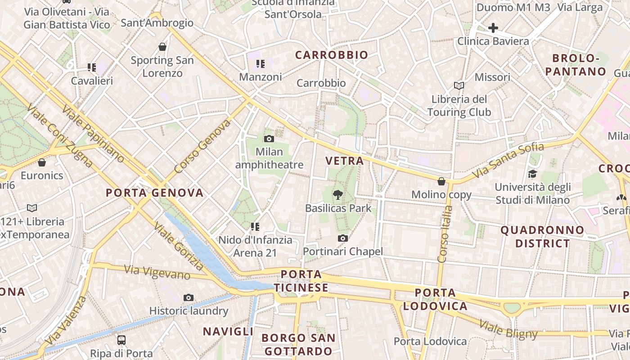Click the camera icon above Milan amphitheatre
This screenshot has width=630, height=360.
click(269, 139)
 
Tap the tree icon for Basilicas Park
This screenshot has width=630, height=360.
click(337, 195)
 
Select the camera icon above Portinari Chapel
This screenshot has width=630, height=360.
click(343, 238)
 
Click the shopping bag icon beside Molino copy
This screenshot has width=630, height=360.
click(441, 181)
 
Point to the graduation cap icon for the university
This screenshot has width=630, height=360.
click(532, 174)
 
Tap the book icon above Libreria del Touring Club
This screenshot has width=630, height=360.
click(459, 85)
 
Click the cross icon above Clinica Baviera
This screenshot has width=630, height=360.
click(493, 28)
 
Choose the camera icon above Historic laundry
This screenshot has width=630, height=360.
click(189, 297)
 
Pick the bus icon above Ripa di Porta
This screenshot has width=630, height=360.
click(121, 340)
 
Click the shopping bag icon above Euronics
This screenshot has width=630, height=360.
click(42, 162)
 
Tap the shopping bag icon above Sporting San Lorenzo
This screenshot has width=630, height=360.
click(162, 47)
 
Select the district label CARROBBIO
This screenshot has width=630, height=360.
click(332, 55)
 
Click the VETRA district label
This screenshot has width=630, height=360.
click(344, 161)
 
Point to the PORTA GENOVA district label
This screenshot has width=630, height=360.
click(154, 193)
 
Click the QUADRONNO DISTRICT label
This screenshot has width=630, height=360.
click(542, 237)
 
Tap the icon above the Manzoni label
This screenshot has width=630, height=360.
click(260, 64)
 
